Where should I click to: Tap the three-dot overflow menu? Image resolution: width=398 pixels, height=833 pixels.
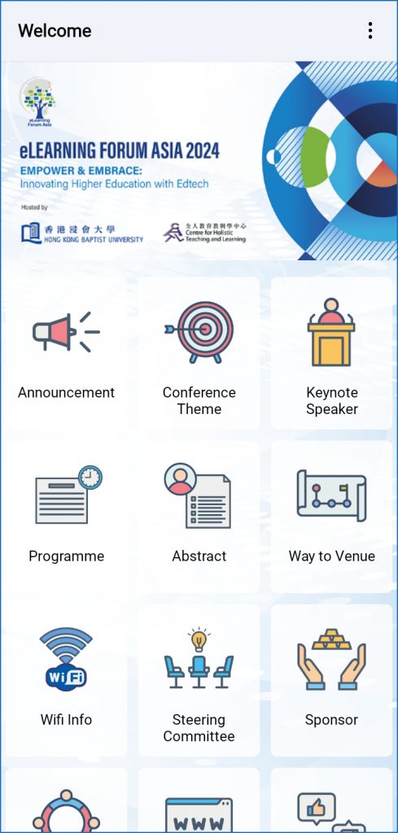[370, 30]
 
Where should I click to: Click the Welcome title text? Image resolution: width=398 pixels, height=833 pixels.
[55, 31]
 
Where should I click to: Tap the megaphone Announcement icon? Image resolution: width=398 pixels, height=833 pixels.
[66, 332]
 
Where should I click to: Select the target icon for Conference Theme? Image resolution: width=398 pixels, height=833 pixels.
[199, 332]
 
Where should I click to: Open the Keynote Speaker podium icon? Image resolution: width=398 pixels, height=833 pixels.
[331, 332]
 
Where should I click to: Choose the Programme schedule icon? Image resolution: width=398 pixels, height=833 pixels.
[68, 495]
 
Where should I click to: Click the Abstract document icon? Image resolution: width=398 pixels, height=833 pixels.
[198, 495]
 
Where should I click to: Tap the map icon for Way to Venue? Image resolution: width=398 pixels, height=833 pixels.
[331, 495]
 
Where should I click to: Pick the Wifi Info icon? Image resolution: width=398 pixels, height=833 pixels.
[66, 659]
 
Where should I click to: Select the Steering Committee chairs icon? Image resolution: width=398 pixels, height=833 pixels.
[199, 659]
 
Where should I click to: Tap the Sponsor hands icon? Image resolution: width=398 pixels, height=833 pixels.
[331, 659]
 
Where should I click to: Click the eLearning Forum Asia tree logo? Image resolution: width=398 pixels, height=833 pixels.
[38, 102]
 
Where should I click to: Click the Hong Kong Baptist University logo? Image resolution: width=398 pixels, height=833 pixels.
[82, 233]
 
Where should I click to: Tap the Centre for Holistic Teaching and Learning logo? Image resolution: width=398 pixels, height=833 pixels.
[204, 232]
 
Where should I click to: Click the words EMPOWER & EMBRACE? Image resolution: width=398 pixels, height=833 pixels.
[81, 171]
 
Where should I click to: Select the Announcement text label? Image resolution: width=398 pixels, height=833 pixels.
[66, 393]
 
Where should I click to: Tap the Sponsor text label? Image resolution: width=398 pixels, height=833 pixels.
[331, 721]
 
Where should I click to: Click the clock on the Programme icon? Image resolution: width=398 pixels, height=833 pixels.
[90, 477]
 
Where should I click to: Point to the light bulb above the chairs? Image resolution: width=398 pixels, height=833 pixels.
[199, 639]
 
